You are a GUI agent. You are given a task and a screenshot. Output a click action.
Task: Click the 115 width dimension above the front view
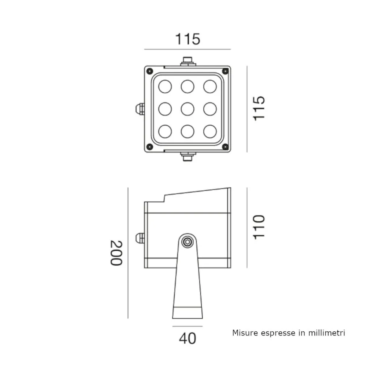[x=188, y=39]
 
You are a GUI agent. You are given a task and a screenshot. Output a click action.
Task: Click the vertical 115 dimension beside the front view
[x=259, y=108]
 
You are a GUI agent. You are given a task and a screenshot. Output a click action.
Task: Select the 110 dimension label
[x=259, y=227]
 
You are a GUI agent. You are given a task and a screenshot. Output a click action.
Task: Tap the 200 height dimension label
[x=116, y=253]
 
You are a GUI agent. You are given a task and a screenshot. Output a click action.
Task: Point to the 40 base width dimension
[x=187, y=338]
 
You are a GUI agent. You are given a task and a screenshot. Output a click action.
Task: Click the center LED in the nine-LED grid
[x=187, y=109]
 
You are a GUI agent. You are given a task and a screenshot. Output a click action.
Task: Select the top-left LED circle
[x=165, y=86]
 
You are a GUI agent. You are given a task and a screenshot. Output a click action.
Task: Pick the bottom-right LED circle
[x=210, y=131]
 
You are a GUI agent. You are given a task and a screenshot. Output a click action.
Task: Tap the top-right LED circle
[x=210, y=86]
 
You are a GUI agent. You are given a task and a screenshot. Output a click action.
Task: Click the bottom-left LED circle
[x=165, y=131]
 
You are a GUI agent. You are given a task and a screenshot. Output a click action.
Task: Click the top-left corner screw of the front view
[x=150, y=71]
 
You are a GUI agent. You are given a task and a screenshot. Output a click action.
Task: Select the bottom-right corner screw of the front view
[x=225, y=147]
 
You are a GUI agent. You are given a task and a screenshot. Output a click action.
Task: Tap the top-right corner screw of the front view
[x=225, y=71]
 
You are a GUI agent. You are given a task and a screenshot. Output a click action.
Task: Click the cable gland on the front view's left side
[x=140, y=109]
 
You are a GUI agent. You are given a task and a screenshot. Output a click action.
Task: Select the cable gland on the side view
[x=140, y=238]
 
